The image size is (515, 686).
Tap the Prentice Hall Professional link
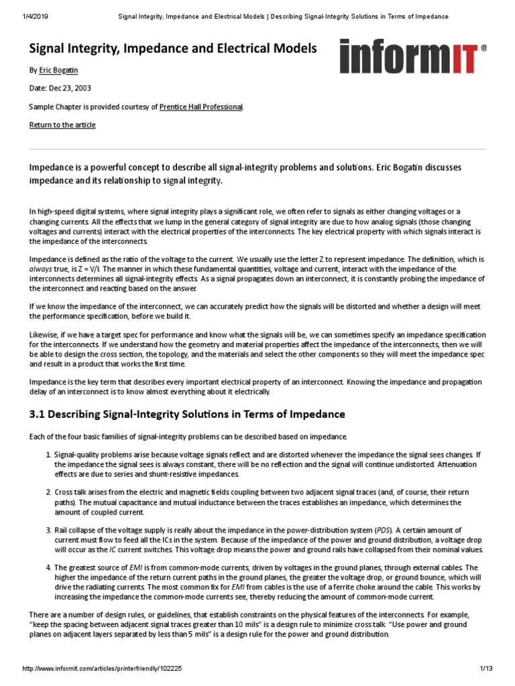coord(201,107)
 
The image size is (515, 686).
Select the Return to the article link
coord(62,125)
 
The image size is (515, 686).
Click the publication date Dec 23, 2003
coord(72,88)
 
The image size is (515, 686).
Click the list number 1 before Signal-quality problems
coord(48,456)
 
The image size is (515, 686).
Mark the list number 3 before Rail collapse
coord(48,531)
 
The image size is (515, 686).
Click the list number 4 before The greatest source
coord(48,568)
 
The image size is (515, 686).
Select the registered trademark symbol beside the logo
coord(484,48)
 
